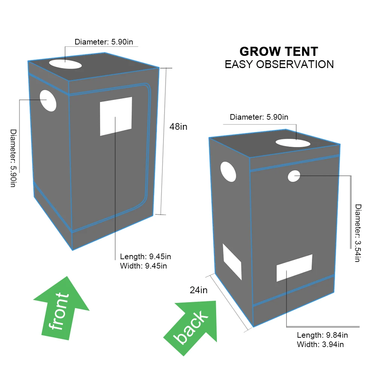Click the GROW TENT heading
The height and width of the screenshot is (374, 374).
[279, 51]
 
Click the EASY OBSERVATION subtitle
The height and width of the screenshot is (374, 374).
[279, 64]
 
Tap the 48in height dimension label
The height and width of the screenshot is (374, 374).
[178, 126]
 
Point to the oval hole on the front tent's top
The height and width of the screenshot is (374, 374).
[65, 64]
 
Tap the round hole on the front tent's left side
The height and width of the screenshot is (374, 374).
[48, 101]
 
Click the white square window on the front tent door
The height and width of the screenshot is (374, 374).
[116, 116]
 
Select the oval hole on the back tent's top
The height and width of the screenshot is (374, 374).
[293, 142]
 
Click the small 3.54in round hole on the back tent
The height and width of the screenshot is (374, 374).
[294, 176]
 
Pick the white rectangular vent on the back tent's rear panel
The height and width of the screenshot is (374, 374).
[294, 268]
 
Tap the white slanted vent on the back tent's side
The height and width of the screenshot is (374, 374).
[232, 261]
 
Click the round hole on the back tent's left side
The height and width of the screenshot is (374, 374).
[229, 172]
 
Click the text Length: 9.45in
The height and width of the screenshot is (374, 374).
[145, 257]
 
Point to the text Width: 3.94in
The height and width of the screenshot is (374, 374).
[320, 344]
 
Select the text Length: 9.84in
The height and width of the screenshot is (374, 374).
[322, 335]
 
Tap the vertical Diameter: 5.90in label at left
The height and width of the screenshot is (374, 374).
[13, 158]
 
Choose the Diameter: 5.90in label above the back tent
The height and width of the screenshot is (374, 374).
[259, 117]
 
